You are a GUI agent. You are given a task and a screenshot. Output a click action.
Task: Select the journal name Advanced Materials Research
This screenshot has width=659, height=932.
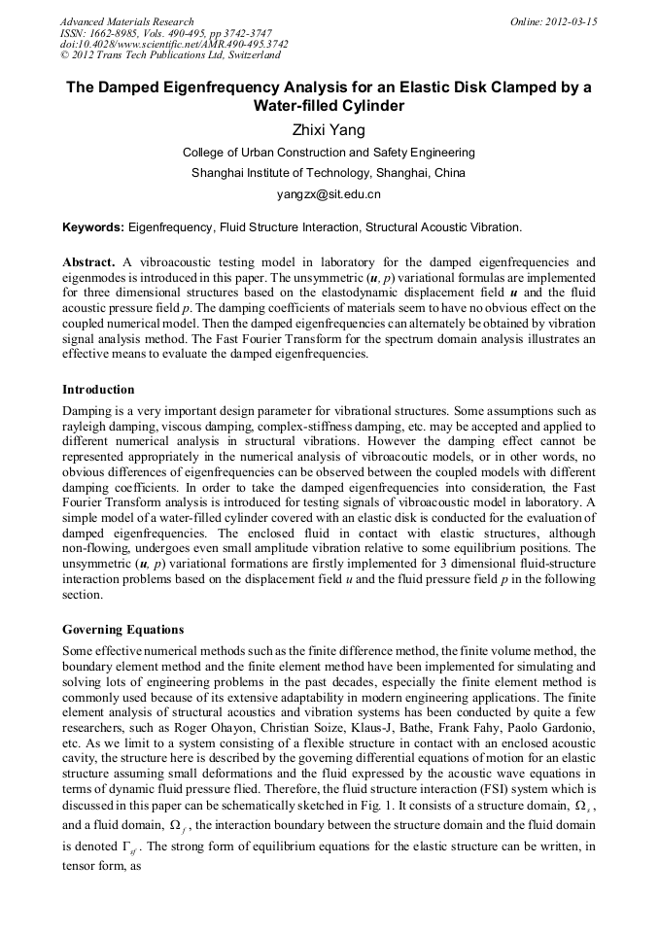126,21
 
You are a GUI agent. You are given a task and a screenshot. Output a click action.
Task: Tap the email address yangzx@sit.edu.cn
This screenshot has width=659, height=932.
329,193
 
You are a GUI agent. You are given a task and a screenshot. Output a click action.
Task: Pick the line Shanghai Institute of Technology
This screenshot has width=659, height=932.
329,173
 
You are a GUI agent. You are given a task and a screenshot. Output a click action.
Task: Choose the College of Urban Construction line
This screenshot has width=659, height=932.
329,153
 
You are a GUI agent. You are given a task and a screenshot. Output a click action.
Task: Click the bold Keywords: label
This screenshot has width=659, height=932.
93,227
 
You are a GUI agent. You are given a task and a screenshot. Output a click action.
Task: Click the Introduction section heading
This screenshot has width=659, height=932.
98,390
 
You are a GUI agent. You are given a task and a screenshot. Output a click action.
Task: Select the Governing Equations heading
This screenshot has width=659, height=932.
122,629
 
